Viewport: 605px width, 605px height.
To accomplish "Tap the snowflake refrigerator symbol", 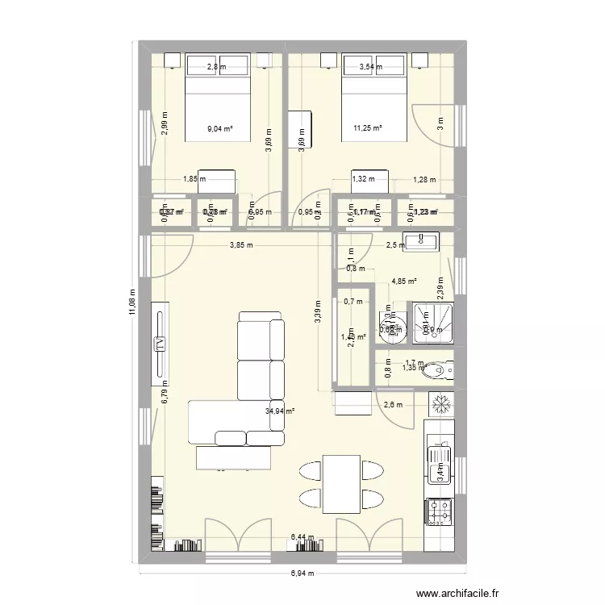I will tap(441, 403).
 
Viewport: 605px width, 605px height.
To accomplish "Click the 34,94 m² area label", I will tap(280, 411).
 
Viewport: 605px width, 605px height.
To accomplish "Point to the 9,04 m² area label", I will tap(219, 127).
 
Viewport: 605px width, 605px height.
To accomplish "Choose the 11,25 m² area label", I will tap(367, 127).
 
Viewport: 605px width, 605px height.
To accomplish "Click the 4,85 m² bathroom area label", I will tap(403, 282).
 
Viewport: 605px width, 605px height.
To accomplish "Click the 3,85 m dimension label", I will tap(240, 245).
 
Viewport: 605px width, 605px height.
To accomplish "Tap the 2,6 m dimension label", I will tap(394, 406).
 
